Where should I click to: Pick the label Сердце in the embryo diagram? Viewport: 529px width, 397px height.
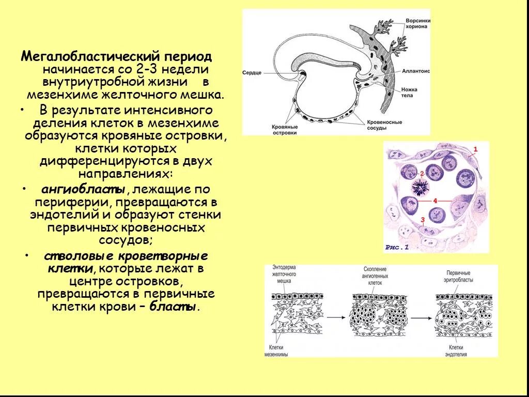(x=252, y=73)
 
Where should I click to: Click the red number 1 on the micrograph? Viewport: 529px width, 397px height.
(x=476, y=149)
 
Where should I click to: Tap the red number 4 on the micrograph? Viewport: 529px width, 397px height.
(x=435, y=201)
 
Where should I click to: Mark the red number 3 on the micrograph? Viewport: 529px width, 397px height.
(x=422, y=220)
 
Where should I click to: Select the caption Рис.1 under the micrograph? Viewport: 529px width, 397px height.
(x=397, y=247)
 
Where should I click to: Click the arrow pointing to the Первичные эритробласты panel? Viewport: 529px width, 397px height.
(x=421, y=316)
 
